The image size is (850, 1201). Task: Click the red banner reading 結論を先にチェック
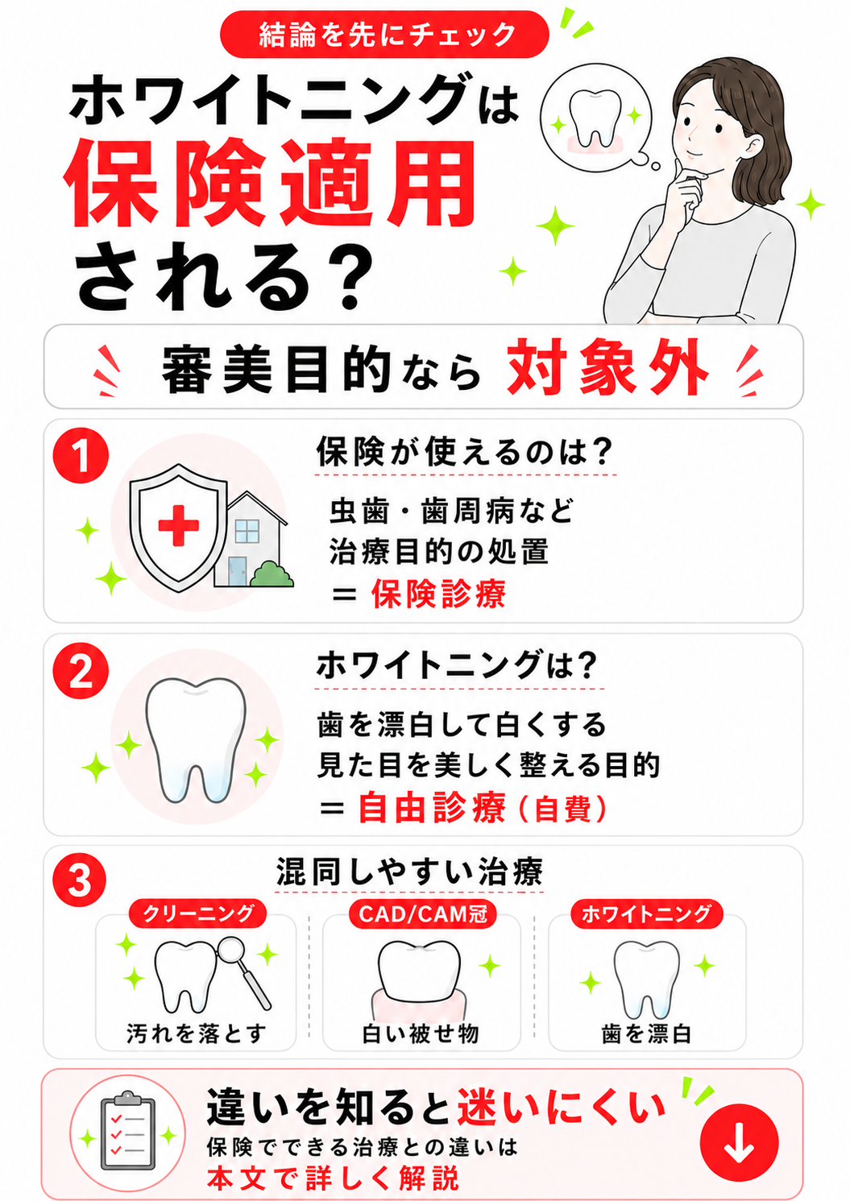[384, 35]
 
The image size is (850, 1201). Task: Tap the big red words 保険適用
[270, 184]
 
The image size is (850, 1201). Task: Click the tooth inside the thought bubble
[595, 118]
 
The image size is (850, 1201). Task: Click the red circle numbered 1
[81, 455]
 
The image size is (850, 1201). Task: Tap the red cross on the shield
[179, 524]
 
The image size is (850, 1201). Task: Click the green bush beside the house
[272, 574]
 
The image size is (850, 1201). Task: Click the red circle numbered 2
[81, 671]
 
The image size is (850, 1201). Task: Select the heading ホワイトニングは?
[456, 665]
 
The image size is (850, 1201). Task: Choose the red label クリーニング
[198, 913]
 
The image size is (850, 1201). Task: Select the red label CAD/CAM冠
[423, 913]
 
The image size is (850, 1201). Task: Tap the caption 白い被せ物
[421, 1033]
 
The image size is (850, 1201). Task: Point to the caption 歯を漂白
[647, 1033]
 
